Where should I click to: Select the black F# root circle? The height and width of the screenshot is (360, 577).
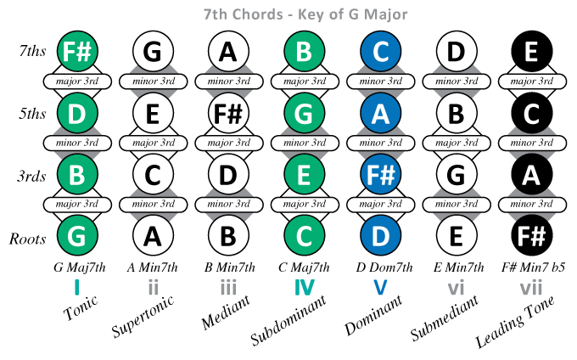pyautogui.click(x=531, y=234)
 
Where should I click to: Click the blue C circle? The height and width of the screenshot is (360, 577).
pyautogui.click(x=380, y=51)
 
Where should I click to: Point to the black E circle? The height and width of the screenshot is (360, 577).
pyautogui.click(x=531, y=51)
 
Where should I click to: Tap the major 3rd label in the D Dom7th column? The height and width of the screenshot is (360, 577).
pyautogui.click(x=380, y=143)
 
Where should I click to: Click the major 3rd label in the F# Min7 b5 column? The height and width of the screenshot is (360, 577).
pyautogui.click(x=531, y=82)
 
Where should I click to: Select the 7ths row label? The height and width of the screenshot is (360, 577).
pyautogui.click(x=28, y=52)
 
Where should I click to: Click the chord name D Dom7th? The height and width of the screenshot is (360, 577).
pyautogui.click(x=381, y=267)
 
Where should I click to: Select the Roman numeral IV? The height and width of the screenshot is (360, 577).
pyautogui.click(x=305, y=288)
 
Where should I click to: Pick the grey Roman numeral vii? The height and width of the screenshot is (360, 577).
pyautogui.click(x=531, y=288)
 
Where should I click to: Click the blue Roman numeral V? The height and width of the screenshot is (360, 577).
pyautogui.click(x=380, y=288)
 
